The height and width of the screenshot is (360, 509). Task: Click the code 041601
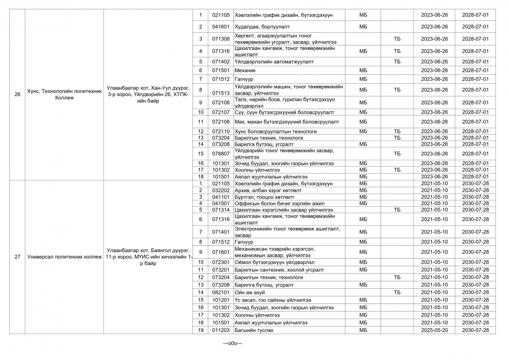pyautogui.click(x=221, y=27)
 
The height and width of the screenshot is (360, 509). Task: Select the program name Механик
pyautogui.click(x=245, y=70)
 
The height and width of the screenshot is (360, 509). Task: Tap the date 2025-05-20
pyautogui.click(x=434, y=330)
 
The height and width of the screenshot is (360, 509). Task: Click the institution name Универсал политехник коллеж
pyautogui.click(x=64, y=257)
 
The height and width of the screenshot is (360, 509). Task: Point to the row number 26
pyautogui.click(x=17, y=94)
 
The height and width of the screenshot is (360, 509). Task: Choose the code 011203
pyautogui.click(x=221, y=330)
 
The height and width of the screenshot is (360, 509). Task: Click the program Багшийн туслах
pyautogui.click(x=254, y=330)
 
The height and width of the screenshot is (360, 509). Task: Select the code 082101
pyautogui.click(x=221, y=292)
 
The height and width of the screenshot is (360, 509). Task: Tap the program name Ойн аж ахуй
pyautogui.click(x=250, y=292)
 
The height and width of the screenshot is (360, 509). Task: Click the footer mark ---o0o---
pyautogui.click(x=232, y=343)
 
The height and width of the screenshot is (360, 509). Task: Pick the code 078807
pyautogui.click(x=221, y=154)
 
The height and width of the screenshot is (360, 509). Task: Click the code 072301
pyautogui.click(x=221, y=262)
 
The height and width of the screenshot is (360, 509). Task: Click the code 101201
pyautogui.click(x=221, y=300)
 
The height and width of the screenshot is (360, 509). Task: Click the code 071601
pyautogui.click(x=221, y=252)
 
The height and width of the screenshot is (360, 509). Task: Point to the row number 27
pyautogui.click(x=17, y=257)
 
